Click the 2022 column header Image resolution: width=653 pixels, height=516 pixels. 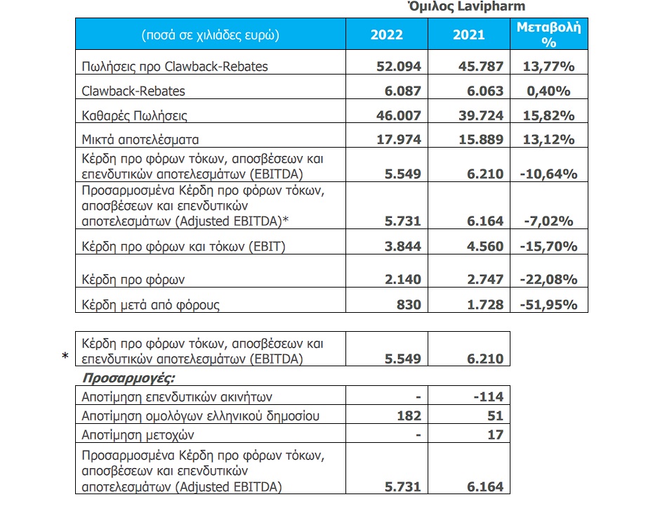(386, 34)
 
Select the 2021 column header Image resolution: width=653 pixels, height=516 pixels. (469, 34)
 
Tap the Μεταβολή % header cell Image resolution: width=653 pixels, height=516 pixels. (549, 34)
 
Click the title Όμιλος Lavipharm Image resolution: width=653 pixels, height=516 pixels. (466, 6)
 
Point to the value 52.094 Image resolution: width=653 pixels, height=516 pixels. (399, 66)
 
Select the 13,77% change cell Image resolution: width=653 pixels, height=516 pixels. (548, 66)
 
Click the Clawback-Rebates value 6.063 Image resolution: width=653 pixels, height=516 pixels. (485, 91)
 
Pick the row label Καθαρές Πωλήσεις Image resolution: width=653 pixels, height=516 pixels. (135, 115)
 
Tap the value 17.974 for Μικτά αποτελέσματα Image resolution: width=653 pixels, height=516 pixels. (399, 139)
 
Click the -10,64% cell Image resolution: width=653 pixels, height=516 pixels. (548, 174)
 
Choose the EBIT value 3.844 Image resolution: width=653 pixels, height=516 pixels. (403, 246)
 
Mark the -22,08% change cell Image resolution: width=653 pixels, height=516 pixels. (548, 279)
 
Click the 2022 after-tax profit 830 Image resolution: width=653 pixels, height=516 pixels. (409, 304)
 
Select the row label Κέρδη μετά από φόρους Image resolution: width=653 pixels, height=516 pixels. (150, 304)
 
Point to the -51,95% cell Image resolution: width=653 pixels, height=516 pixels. (548, 304)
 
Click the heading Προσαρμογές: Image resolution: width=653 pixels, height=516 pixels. (128, 378)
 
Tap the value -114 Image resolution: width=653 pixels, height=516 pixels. (489, 396)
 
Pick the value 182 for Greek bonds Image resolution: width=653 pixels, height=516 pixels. (409, 415)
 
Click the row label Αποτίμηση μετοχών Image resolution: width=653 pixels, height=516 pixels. (138, 434)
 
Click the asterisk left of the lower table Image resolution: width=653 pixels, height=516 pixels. (65, 356)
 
